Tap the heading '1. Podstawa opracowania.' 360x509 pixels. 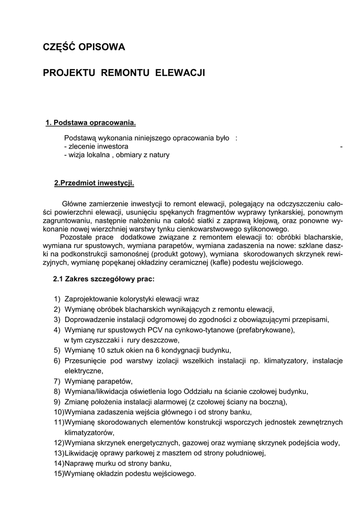pos(90,123)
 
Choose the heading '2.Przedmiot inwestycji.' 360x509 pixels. pos(94,183)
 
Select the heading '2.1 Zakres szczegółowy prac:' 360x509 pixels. pos(104,279)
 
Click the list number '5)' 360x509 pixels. pos(57,350)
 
